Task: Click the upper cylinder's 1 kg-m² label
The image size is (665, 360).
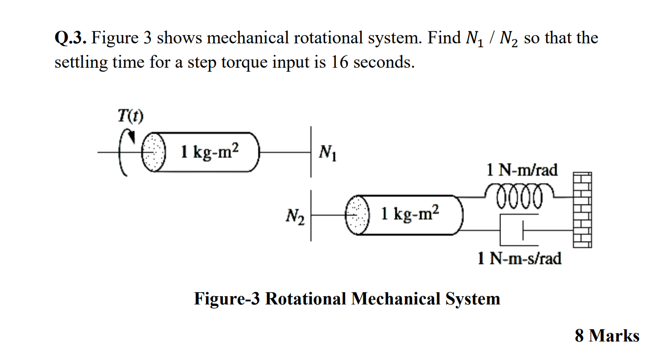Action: pos(210,152)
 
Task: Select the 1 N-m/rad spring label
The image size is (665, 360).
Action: pos(522,170)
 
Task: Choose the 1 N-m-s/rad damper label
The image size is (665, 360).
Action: pos(519,258)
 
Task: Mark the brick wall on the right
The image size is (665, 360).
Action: pos(582,209)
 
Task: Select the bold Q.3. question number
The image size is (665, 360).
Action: pos(71,38)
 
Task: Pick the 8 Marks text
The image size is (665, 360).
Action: pos(607,336)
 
